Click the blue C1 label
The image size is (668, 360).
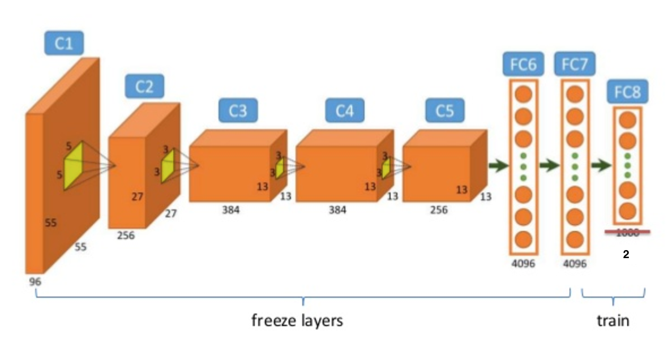[x=64, y=43]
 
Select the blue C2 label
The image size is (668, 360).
[x=144, y=87]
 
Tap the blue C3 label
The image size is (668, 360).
[x=237, y=111]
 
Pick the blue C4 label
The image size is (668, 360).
[x=344, y=111]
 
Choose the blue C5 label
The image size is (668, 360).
[x=444, y=111]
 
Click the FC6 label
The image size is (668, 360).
[x=523, y=65]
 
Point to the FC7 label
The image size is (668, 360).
[x=575, y=65]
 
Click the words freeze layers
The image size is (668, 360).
[x=297, y=321]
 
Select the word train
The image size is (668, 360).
[x=613, y=321]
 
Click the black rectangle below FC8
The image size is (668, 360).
[x=628, y=254]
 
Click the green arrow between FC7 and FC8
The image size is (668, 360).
[x=601, y=165]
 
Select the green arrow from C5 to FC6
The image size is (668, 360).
[x=498, y=165]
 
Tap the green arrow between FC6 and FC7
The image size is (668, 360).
[x=549, y=165]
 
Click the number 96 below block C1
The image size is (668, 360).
[x=35, y=281]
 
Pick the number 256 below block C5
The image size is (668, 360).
[x=438, y=211]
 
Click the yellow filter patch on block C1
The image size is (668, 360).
[x=73, y=166]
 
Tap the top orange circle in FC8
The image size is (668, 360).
[x=627, y=120]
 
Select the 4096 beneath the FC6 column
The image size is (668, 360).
[x=523, y=264]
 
